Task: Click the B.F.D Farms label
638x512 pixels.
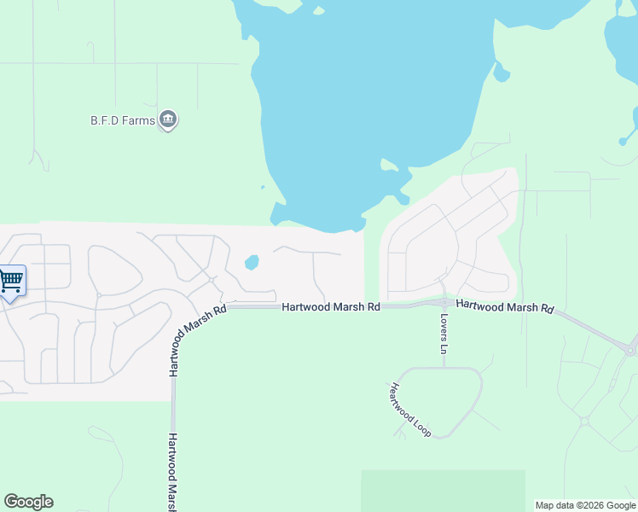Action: pos(123,120)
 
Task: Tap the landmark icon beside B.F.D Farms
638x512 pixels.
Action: pos(168,120)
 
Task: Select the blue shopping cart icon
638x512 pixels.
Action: pos(11,281)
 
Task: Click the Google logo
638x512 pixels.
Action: pos(28,502)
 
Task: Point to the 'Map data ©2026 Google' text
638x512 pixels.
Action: pos(584,505)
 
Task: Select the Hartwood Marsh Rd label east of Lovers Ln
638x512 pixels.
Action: pos(505,307)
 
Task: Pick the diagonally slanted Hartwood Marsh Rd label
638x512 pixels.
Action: pos(196,340)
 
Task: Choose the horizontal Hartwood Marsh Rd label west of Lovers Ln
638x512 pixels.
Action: pos(331,306)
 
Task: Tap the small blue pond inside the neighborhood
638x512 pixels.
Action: pos(252,263)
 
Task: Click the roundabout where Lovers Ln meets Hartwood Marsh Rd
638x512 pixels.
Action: pos(444,302)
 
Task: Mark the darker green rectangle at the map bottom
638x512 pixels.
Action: pos(443,490)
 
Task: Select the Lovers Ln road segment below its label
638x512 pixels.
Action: pos(444,360)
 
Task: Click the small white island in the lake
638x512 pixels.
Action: pos(389,164)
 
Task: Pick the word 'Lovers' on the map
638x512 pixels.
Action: pos(444,325)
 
